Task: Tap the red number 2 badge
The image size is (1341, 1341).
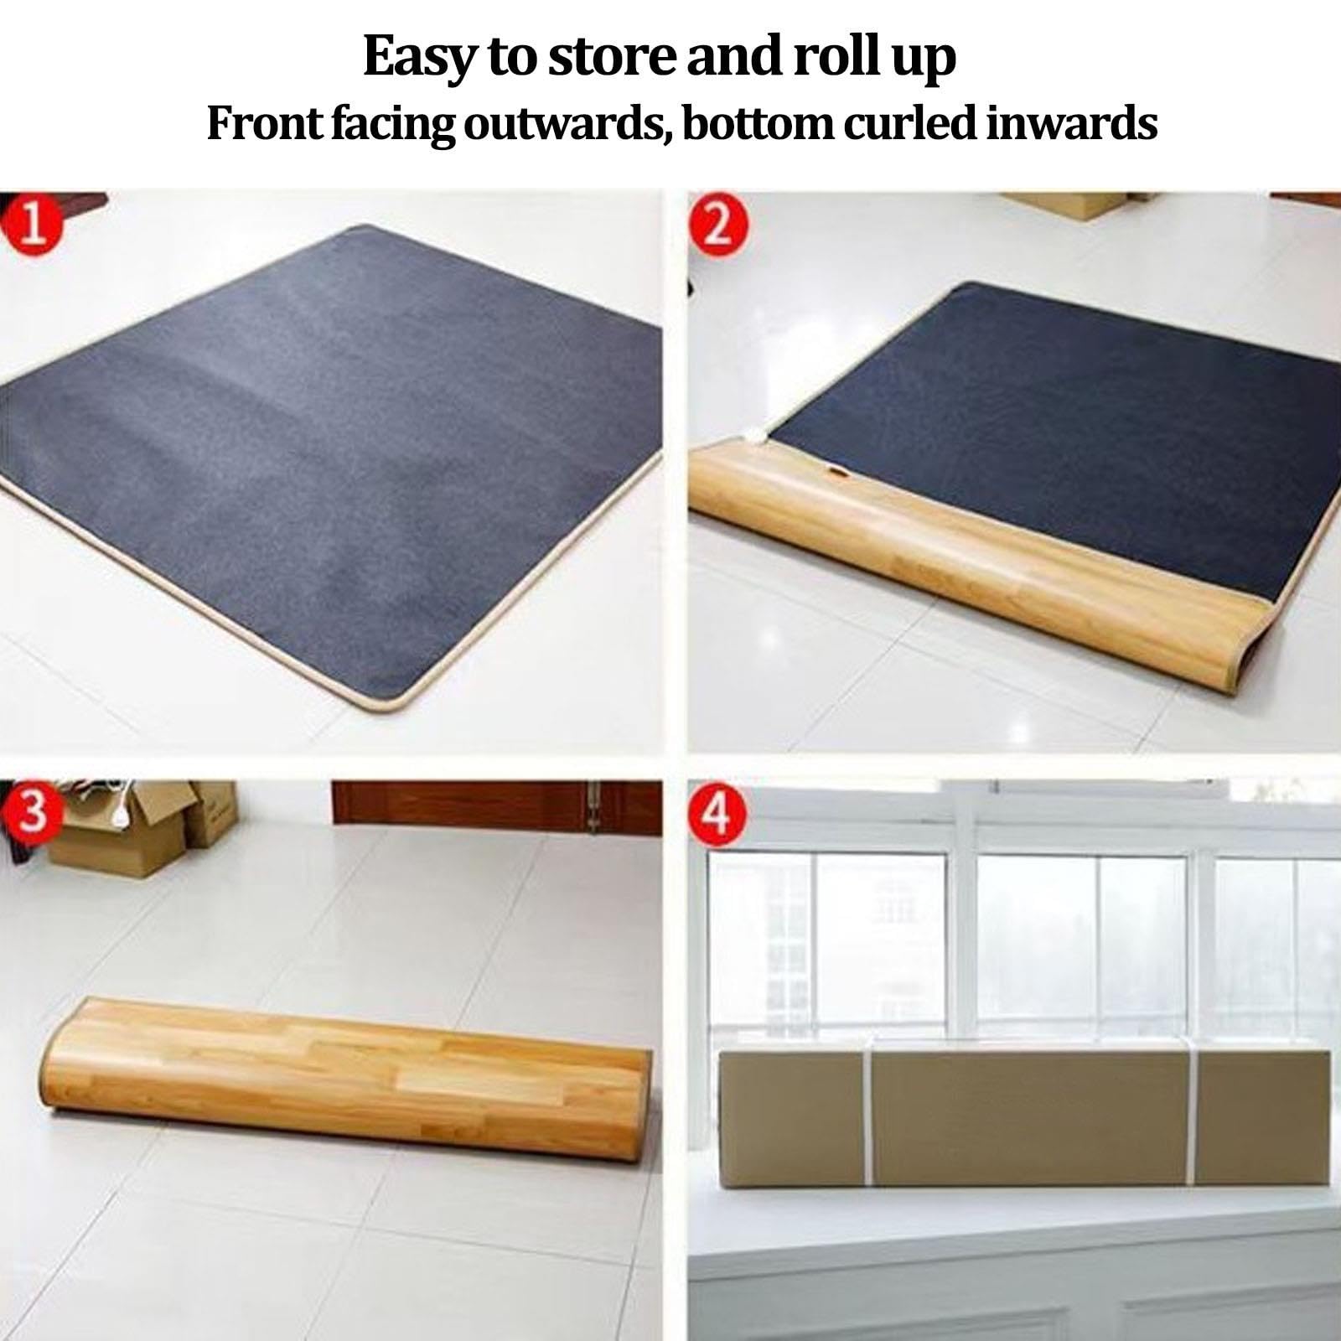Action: (x=716, y=225)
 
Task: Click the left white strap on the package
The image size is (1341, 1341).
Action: (x=869, y=1139)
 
